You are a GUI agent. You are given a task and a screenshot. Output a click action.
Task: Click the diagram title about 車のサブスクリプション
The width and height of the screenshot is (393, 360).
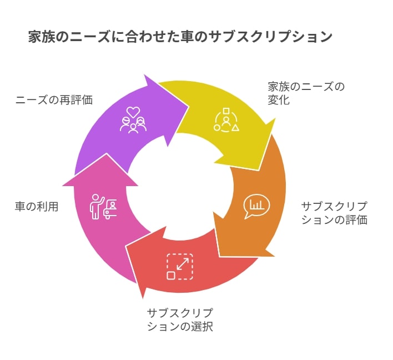point(180,37)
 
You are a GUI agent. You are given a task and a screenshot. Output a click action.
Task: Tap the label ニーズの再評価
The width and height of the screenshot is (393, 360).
point(54,100)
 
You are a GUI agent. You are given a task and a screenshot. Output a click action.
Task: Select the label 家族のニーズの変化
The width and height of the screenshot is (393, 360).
point(306,93)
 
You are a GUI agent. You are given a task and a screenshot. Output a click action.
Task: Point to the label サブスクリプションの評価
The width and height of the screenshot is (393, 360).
point(334,213)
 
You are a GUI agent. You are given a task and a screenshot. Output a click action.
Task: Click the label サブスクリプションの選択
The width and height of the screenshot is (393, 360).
point(180,319)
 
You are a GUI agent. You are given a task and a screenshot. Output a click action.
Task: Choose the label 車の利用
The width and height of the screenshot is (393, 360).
point(37,207)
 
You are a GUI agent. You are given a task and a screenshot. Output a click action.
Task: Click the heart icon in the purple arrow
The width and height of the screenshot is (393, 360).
point(133,112)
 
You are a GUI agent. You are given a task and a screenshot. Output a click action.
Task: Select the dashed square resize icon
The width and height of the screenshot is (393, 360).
point(180,267)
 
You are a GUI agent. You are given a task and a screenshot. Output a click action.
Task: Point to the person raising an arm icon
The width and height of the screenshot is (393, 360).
point(97,207)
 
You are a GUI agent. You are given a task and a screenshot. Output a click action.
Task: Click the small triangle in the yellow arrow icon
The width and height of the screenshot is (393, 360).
point(235,128)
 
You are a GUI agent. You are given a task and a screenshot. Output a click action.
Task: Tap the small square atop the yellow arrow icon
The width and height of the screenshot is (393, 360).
point(226,111)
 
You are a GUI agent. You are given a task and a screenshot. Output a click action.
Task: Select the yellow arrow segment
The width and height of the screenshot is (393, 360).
point(225,121)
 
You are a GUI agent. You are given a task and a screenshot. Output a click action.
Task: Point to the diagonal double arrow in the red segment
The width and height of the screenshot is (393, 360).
point(183,264)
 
